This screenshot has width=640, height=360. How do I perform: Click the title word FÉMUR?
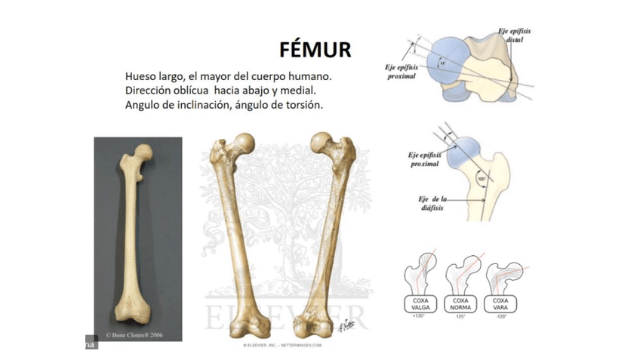315,50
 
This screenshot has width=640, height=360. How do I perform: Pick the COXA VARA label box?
500,303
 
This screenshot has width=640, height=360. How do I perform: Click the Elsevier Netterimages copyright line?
282,345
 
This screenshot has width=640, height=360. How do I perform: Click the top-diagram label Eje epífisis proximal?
401,72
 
